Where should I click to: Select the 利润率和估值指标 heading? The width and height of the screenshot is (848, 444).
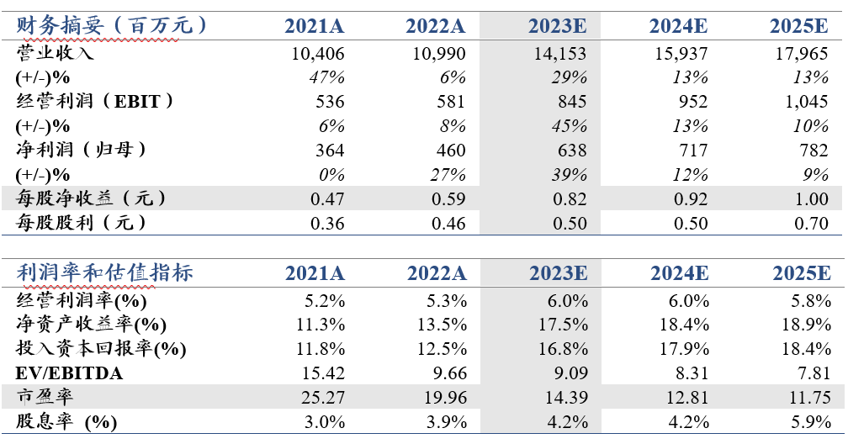(x=104, y=272)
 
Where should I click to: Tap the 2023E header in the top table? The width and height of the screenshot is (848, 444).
(x=557, y=26)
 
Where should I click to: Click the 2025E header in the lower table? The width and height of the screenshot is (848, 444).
(x=801, y=273)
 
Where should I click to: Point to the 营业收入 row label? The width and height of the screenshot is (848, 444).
(x=55, y=53)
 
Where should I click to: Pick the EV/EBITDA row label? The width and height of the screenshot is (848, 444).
(x=69, y=373)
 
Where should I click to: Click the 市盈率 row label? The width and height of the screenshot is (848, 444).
(x=45, y=397)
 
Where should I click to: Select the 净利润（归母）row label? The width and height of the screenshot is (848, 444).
(x=81, y=150)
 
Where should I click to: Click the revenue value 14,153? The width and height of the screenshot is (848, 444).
(x=559, y=54)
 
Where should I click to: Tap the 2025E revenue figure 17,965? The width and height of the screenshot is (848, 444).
(x=802, y=54)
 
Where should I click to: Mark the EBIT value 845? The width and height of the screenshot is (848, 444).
(x=572, y=102)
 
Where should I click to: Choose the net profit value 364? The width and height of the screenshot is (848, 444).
(x=330, y=150)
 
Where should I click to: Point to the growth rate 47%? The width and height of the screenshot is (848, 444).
(x=326, y=77)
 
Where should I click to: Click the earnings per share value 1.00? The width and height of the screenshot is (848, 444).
(x=811, y=198)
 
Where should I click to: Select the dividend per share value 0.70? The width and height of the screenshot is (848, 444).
(x=811, y=223)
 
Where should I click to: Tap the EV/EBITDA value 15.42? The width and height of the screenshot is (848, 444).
(x=323, y=373)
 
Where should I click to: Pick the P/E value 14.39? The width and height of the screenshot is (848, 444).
(x=566, y=398)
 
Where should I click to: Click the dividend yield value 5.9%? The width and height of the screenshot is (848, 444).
(x=811, y=422)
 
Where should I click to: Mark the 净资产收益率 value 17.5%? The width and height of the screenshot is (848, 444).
(x=563, y=325)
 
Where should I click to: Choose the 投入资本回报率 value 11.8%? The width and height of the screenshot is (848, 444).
(x=321, y=349)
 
